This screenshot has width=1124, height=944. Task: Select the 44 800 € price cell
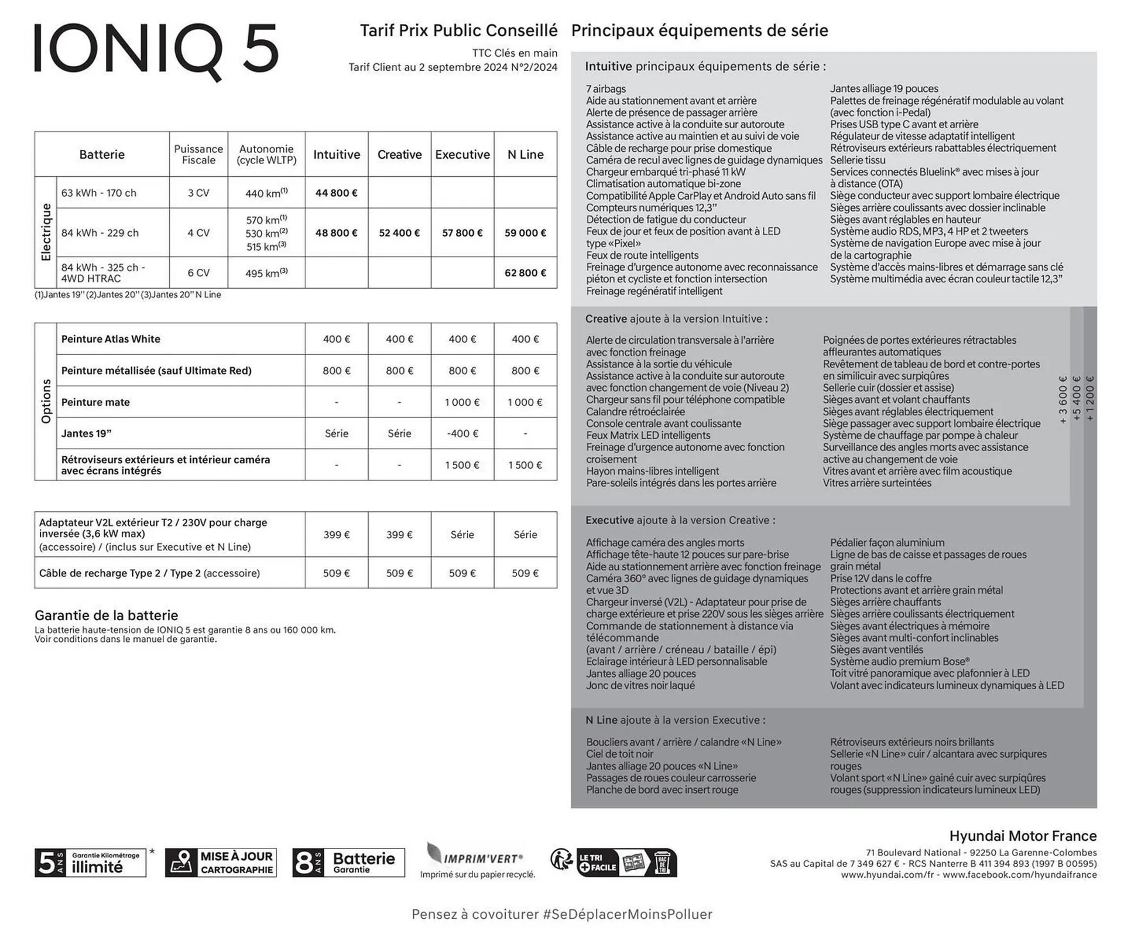click(336, 193)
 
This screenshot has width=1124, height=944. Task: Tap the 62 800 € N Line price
click(525, 273)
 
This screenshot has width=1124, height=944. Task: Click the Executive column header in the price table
click(462, 155)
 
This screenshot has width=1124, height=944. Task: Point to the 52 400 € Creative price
click(399, 233)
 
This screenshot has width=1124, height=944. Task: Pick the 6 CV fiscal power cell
click(198, 273)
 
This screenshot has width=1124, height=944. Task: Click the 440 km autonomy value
click(266, 193)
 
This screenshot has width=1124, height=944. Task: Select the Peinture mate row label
click(95, 402)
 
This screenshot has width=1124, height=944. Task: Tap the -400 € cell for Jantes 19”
click(462, 434)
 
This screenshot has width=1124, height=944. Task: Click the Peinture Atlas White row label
click(111, 339)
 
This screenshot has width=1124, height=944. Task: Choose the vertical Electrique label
click(46, 232)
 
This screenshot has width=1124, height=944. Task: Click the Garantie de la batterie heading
click(106, 615)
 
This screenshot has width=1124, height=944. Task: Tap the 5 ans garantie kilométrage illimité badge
click(90, 863)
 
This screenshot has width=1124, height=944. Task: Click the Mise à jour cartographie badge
click(221, 863)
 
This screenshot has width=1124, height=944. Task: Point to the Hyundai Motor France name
click(1023, 836)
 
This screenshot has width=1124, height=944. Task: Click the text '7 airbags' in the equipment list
click(606, 89)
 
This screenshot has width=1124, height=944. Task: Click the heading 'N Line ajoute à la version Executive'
click(675, 720)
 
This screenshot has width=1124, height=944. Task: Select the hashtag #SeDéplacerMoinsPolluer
click(628, 915)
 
